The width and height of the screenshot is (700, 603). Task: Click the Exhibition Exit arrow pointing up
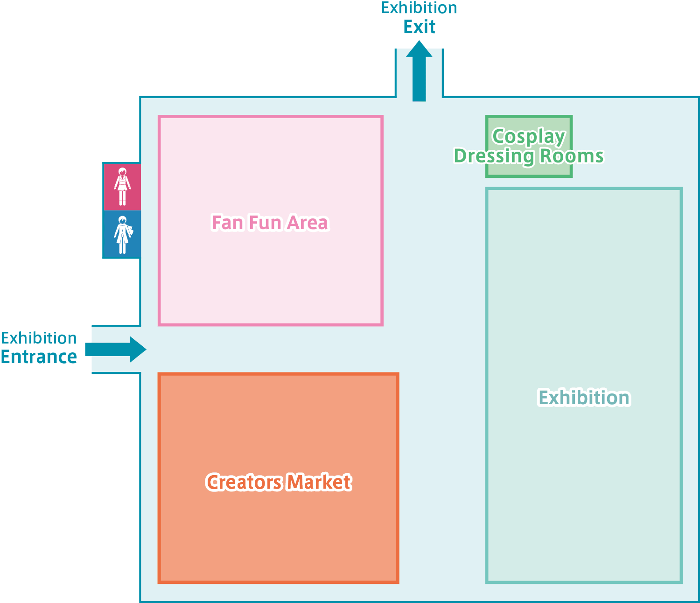(419, 71)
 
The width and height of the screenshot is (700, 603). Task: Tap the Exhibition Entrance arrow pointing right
(116, 349)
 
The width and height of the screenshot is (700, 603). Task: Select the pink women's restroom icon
(122, 187)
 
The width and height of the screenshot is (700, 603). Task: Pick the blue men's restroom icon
(122, 234)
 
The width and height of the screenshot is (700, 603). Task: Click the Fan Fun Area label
(270, 223)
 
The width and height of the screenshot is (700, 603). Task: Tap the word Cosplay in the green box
(529, 137)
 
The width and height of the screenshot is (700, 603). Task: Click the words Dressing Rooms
(529, 156)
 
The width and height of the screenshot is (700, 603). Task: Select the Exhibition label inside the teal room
(584, 397)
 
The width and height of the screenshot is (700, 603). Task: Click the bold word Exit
(419, 27)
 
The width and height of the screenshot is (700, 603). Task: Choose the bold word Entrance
(39, 357)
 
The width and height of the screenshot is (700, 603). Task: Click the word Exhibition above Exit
(419, 8)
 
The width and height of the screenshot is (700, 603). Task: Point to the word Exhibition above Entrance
(39, 338)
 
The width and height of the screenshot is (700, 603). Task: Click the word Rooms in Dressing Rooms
(572, 156)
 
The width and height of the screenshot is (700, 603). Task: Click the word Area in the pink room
(308, 223)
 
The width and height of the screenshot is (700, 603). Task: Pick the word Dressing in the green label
(495, 156)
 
